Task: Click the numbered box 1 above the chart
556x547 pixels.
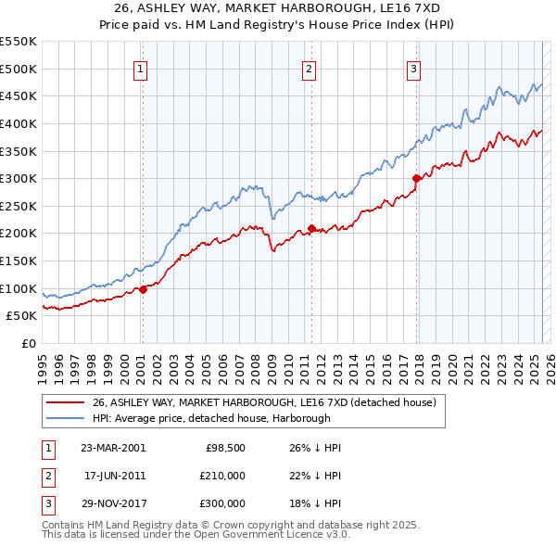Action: tap(140, 68)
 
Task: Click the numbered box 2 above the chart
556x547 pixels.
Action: tap(308, 68)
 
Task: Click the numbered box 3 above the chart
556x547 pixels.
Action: tap(413, 68)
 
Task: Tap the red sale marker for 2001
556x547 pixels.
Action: tap(144, 289)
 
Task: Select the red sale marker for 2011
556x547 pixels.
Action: tap(311, 228)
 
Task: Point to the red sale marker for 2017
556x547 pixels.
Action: tap(417, 179)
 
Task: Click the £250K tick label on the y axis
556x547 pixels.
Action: tap(19, 206)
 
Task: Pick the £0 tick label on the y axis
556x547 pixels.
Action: tap(29, 343)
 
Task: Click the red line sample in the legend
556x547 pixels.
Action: tap(65, 402)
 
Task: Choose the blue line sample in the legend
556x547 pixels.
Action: tap(65, 418)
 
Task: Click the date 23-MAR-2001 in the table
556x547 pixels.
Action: tap(113, 448)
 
